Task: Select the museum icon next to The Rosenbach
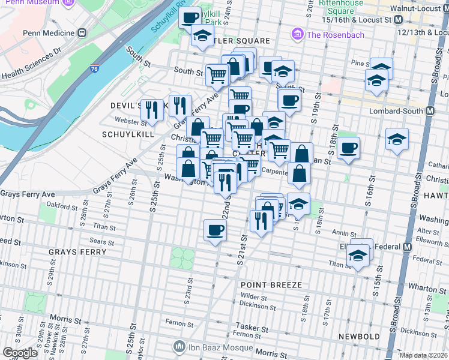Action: point(297,34)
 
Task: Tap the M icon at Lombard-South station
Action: point(430,111)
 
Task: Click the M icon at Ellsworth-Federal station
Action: point(407,247)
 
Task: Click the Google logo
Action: point(20,353)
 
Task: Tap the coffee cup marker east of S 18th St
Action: point(348,148)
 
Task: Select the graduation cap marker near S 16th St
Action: point(397,139)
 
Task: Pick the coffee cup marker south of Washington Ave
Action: point(215,229)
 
